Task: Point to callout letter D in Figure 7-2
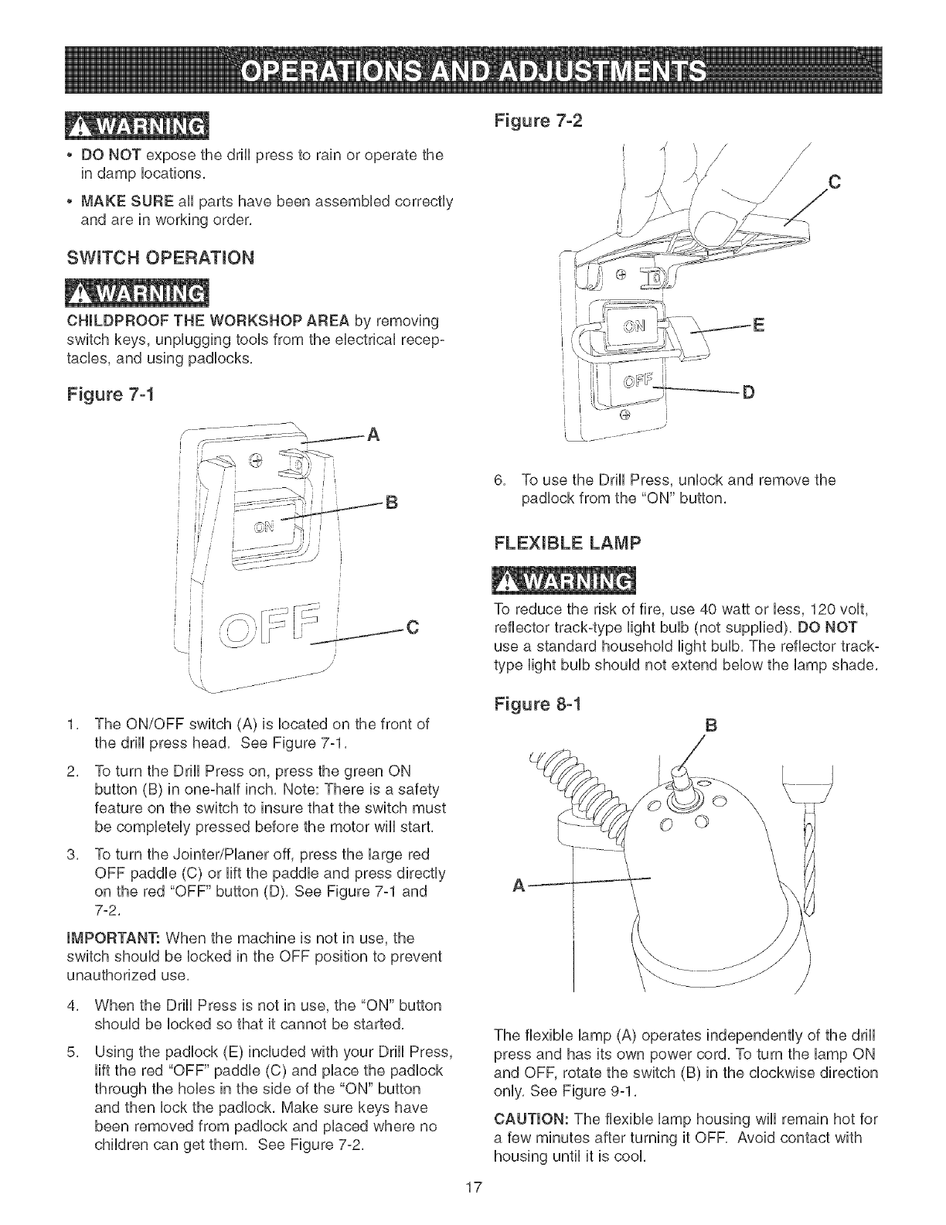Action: [x=747, y=393]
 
